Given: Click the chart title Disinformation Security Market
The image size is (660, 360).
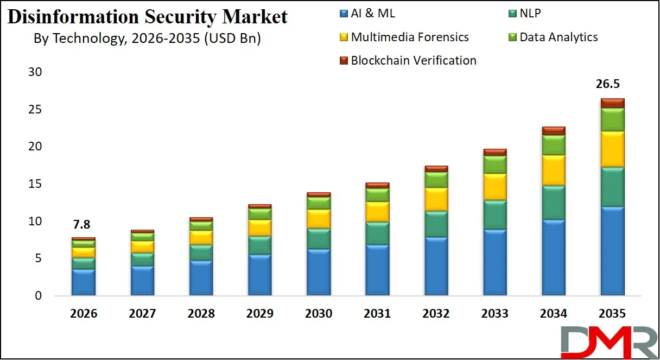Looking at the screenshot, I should (148, 17).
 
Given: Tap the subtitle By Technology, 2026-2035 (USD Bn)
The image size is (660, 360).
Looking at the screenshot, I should (147, 39).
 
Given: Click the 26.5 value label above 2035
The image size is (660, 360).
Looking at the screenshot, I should (612, 84).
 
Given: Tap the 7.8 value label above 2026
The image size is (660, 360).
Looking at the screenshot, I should (83, 224).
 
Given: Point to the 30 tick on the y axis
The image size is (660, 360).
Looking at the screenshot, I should (35, 72).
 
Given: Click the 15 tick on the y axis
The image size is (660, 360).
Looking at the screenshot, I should (35, 184).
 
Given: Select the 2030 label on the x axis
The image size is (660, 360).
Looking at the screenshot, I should (319, 313).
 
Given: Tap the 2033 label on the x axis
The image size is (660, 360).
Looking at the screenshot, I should (494, 313).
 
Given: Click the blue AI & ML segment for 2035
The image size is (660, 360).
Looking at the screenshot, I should (612, 251).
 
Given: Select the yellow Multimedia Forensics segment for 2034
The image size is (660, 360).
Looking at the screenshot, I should (553, 170).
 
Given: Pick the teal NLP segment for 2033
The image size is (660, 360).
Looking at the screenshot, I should (494, 214).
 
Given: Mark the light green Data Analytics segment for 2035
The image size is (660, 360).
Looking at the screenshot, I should (612, 119).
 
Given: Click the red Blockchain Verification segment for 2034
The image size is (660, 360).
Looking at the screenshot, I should (553, 130).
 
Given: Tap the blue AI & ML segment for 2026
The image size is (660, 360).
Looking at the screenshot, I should (84, 282).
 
